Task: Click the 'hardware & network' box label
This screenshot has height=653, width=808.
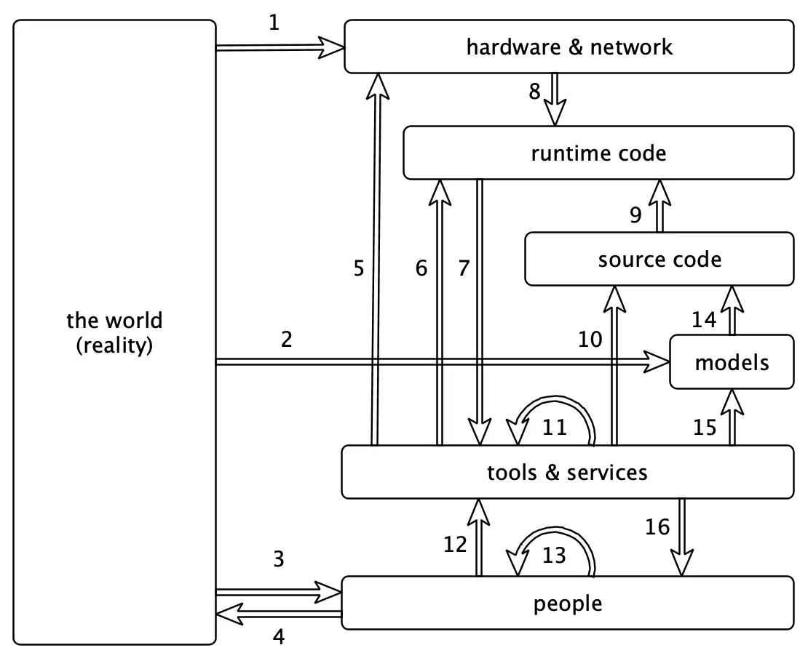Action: pos(569,47)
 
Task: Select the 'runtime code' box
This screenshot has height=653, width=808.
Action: pos(598,153)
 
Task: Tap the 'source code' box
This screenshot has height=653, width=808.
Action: pos(660,259)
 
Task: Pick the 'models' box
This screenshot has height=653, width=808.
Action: pos(732,362)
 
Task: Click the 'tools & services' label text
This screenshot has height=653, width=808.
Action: pos(567,472)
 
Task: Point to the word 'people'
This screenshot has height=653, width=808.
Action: pos(567,603)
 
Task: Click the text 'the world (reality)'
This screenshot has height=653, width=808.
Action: pos(114,333)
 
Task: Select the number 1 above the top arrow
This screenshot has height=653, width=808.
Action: pos(274,23)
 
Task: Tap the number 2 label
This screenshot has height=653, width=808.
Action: pos(286,340)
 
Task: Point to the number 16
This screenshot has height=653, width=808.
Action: pos(657,526)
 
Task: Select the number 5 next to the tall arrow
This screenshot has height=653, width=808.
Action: pos(357,268)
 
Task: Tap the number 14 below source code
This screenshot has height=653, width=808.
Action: pos(703,319)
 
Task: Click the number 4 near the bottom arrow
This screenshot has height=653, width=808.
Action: pos(279,638)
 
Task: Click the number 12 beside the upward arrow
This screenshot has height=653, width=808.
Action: pos(455,544)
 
